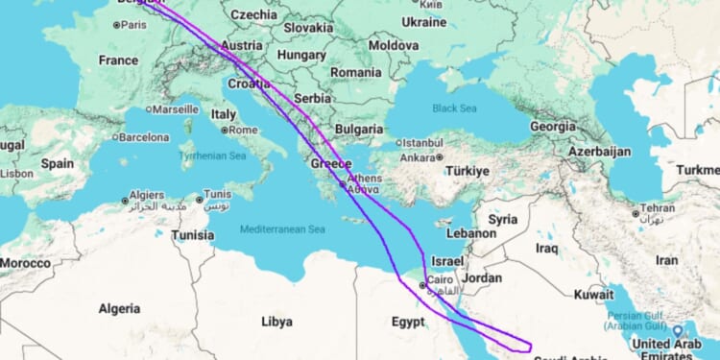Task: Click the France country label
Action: coord(118,60)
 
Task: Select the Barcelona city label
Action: coord(145,136)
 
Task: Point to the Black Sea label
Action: coord(455,108)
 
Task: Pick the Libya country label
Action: coord(276,321)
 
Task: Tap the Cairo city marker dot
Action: coord(422,284)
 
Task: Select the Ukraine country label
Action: coord(424,21)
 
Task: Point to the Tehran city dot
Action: coord(636,213)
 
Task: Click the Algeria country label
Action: coord(120,308)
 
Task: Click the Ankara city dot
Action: coord(440,156)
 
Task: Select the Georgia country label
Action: coord(552,126)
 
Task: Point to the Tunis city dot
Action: coord(200,200)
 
